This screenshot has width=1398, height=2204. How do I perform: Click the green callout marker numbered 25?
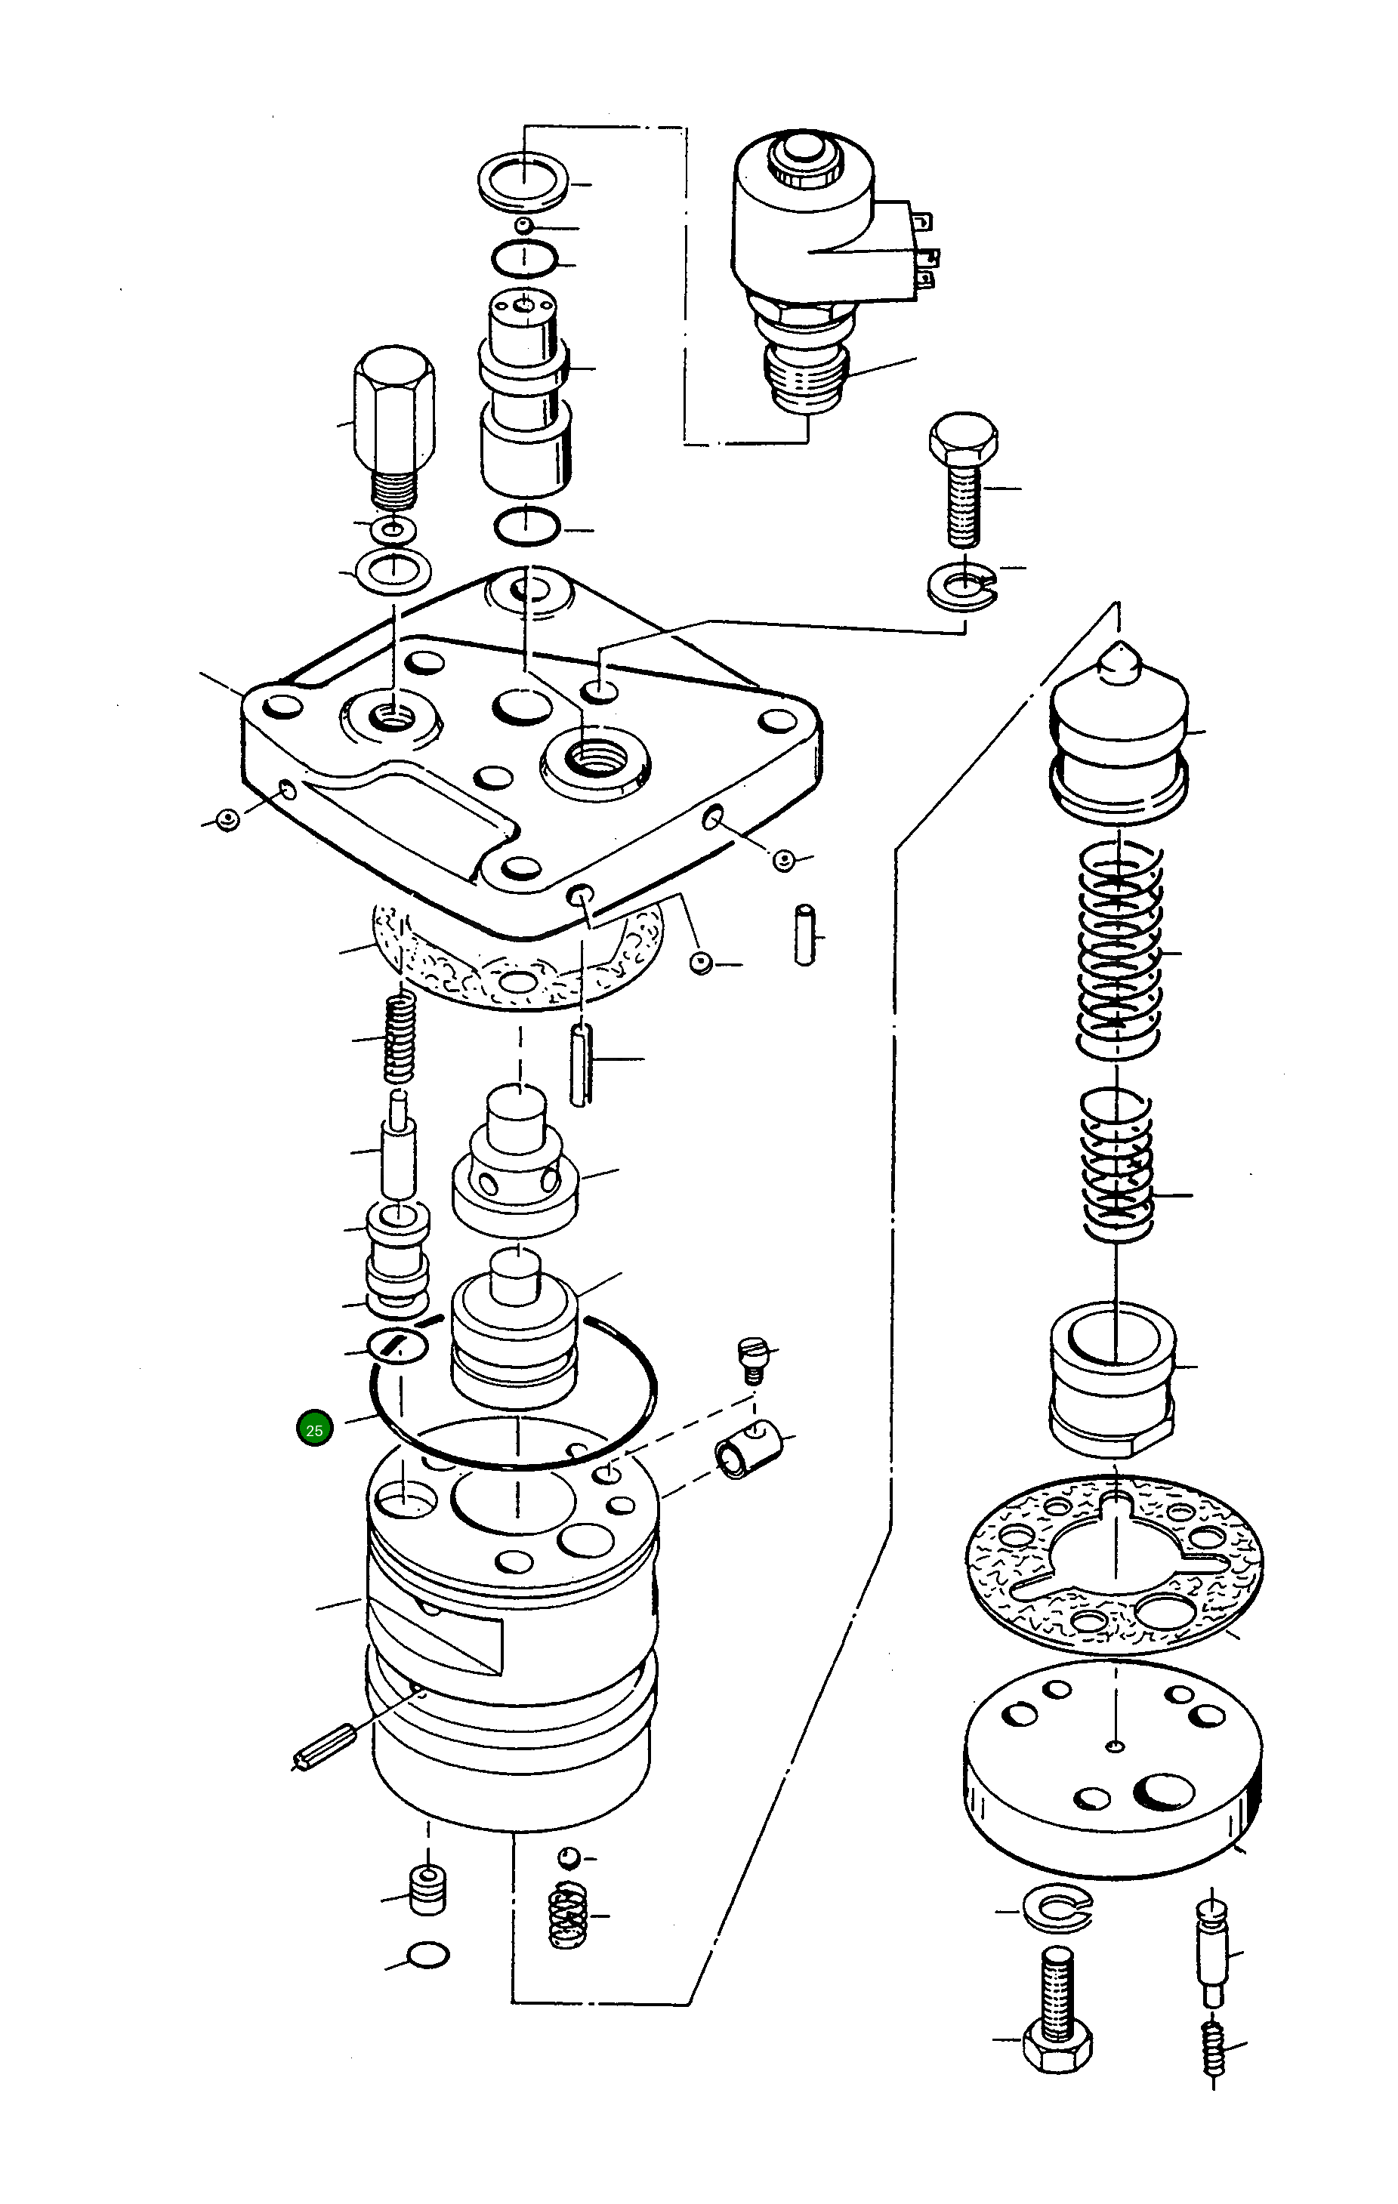tap(314, 1429)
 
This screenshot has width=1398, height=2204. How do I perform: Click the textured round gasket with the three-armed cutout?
tap(1114, 1564)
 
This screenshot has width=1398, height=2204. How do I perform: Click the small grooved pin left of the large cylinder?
tap(325, 1746)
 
